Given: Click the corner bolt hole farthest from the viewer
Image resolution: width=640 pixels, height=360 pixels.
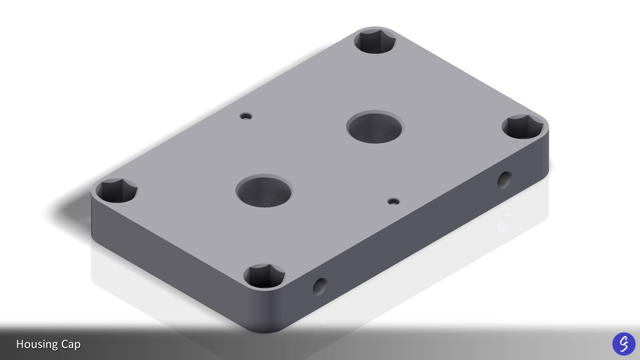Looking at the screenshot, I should pyautogui.click(x=375, y=40).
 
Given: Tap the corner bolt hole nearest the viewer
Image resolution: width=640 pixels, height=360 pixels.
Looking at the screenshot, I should pyautogui.click(x=264, y=276).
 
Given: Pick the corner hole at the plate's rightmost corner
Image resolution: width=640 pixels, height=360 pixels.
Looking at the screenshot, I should pyautogui.click(x=522, y=126).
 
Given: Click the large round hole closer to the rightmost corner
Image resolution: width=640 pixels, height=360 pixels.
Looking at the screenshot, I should pyautogui.click(x=375, y=127).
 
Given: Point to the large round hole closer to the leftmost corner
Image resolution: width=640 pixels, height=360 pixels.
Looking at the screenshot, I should pyautogui.click(x=264, y=191).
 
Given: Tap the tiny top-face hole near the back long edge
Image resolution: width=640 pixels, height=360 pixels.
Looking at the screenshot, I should pyautogui.click(x=246, y=116).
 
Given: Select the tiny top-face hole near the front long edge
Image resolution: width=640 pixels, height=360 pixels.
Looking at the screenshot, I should pyautogui.click(x=394, y=201).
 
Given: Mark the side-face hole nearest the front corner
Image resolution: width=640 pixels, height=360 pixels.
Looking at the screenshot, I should pyautogui.click(x=319, y=286).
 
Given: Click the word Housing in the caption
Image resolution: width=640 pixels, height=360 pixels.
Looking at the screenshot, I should pyautogui.click(x=37, y=344).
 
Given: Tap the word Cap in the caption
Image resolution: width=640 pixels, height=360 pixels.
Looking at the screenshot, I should pyautogui.click(x=71, y=344).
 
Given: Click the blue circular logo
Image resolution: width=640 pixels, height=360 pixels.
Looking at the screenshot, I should pyautogui.click(x=624, y=344).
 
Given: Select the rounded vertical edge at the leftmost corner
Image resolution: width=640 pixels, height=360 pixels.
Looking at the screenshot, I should pyautogui.click(x=94, y=216).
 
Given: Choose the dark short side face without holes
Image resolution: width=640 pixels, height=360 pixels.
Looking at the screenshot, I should pyautogui.click(x=168, y=260).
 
